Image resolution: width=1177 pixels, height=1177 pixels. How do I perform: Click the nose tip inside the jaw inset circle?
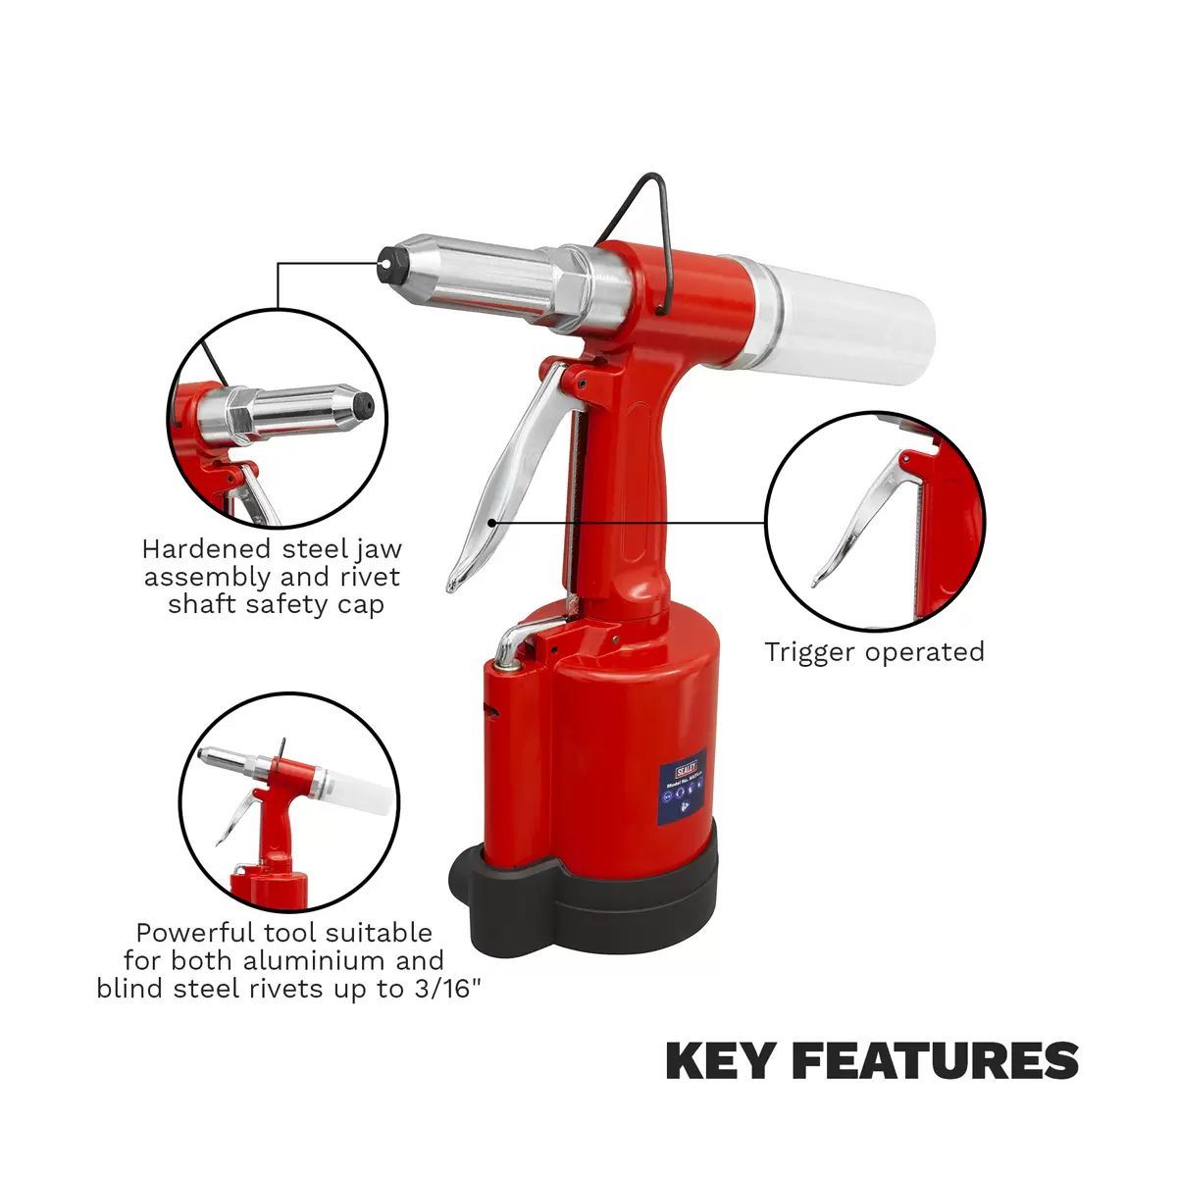pos(363,402)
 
